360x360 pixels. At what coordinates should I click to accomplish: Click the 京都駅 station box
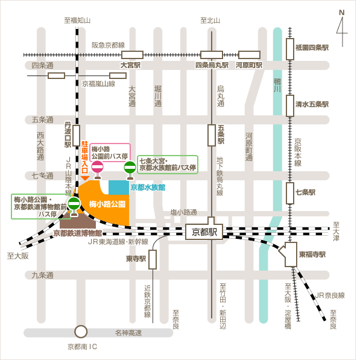(204, 232)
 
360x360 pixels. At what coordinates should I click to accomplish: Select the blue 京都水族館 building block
(119, 188)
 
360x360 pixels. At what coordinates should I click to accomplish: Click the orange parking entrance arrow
(85, 178)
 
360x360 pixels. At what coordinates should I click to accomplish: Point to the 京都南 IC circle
(81, 331)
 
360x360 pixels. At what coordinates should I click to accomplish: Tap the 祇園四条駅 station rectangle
(290, 49)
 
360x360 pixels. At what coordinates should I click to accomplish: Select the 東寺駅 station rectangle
(153, 259)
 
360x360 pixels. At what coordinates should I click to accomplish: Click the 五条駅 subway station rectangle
(212, 135)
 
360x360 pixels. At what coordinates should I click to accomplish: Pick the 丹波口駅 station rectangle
(76, 136)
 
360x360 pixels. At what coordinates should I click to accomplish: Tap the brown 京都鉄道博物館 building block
(77, 221)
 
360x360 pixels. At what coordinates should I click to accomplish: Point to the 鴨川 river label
(277, 85)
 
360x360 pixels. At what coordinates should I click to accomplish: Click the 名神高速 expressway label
(128, 333)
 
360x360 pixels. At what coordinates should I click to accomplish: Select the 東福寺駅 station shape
(289, 254)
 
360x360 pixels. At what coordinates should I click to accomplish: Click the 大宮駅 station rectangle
(132, 55)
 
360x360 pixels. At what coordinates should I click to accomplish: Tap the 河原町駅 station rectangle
(249, 55)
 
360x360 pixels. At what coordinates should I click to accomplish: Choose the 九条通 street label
(42, 275)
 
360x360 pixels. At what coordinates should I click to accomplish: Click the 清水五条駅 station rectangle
(290, 106)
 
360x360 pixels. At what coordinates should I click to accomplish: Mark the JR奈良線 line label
(330, 295)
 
